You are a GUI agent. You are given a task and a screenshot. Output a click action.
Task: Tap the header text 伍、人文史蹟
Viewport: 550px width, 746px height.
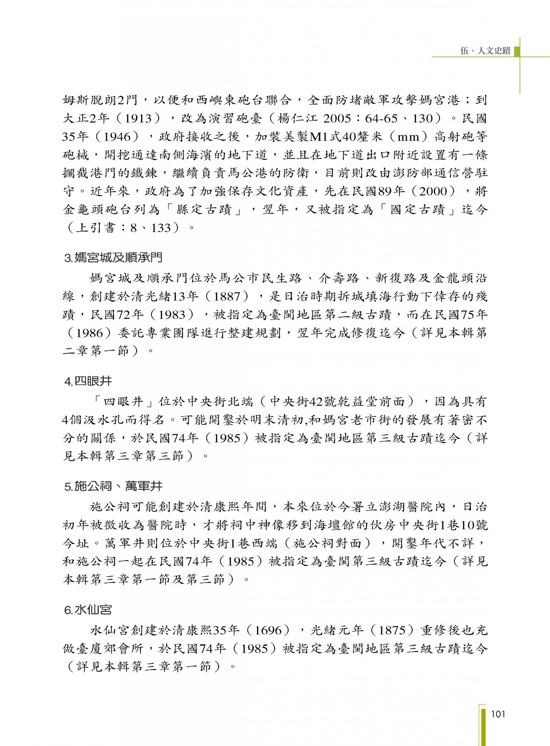pos(485,51)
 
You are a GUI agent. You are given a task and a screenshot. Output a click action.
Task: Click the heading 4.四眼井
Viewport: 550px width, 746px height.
pos(88,381)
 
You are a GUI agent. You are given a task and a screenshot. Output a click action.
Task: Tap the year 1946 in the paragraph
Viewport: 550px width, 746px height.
pos(117,137)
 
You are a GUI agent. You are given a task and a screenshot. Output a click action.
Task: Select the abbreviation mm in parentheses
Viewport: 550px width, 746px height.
pos(409,137)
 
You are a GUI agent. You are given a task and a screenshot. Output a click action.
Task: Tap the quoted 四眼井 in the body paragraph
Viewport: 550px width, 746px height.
pos(123,402)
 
